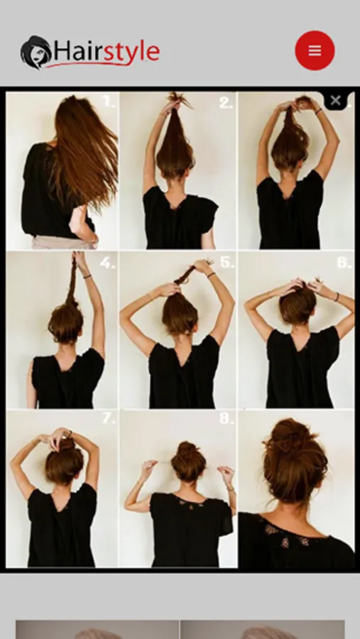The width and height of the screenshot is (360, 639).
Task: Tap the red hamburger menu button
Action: click(x=315, y=50)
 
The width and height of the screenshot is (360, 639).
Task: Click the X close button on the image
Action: click(x=336, y=100)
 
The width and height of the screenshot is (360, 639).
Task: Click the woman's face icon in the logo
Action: click(x=36, y=52)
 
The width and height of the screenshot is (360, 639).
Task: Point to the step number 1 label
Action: click(x=109, y=101)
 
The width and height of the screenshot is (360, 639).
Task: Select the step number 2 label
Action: click(x=226, y=102)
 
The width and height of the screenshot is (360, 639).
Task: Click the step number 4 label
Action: click(x=107, y=263)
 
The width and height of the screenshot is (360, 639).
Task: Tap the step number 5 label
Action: click(x=227, y=262)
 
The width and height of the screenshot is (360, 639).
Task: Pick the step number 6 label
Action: click(x=344, y=262)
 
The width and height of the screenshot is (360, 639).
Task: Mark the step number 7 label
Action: click(x=109, y=418)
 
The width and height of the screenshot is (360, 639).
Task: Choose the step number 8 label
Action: click(x=227, y=418)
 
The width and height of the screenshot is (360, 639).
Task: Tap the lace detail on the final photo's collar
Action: click(x=286, y=535)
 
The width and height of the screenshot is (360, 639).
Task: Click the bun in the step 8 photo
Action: click(x=188, y=461)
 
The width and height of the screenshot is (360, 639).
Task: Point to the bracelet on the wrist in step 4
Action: click(x=87, y=276)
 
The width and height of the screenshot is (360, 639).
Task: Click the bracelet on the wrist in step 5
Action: click(x=211, y=275)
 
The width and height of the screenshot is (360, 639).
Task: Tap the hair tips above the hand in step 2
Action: click(x=180, y=99)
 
